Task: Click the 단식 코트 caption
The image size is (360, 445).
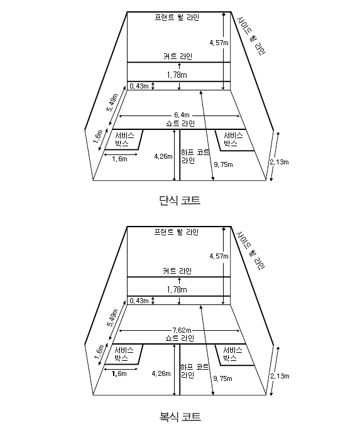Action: tap(180, 200)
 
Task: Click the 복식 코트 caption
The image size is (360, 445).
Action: tap(180, 417)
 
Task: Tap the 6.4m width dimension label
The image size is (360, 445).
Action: tap(182, 115)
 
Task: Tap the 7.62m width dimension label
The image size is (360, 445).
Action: tap(182, 330)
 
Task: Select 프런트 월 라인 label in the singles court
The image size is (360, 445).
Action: tap(177, 18)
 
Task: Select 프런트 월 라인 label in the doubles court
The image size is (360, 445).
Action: tap(177, 232)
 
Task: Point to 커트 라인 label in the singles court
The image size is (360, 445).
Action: tap(178, 56)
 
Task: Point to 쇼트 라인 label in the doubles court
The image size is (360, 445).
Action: tap(180, 338)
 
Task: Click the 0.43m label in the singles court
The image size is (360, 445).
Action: tap(139, 86)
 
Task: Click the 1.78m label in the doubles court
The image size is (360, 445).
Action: tap(177, 290)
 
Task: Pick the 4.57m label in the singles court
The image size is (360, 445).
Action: tap(219, 43)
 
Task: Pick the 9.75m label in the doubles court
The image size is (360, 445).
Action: tap(222, 378)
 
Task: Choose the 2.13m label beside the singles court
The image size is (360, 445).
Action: tap(280, 162)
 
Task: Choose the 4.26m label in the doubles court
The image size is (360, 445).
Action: tap(161, 373)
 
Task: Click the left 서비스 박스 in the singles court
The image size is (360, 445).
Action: tap(124, 139)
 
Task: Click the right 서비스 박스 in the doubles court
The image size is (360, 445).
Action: tap(232, 354)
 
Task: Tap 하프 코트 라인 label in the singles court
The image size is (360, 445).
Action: tap(195, 156)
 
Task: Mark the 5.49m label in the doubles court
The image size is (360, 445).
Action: tap(112, 318)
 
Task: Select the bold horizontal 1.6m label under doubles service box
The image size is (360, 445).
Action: tap(119, 374)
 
